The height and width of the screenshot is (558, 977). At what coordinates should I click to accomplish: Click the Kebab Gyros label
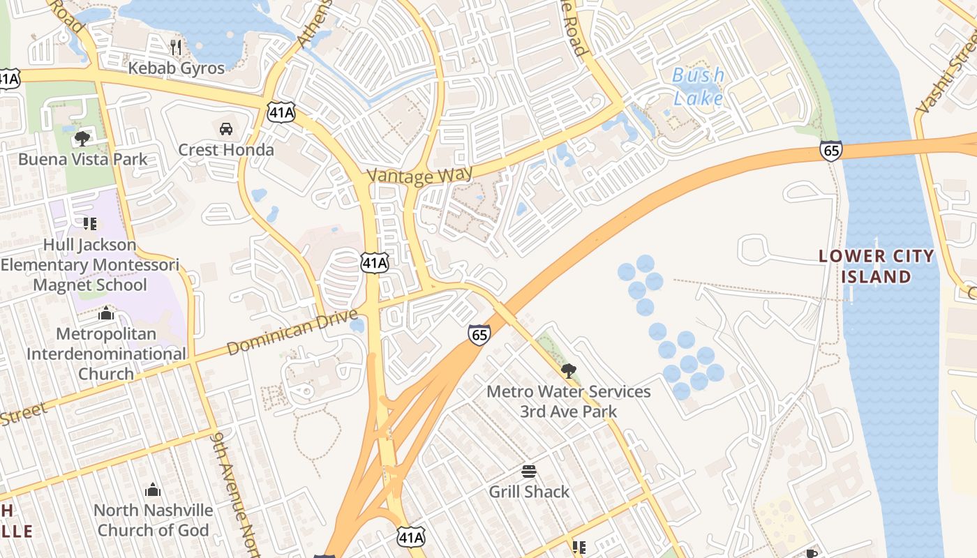(x=177, y=68)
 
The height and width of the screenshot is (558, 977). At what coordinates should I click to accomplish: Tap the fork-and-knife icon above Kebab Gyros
(x=176, y=47)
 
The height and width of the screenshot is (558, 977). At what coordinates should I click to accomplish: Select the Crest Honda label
(x=226, y=150)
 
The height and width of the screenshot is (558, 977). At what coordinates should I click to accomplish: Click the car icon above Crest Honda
(x=226, y=129)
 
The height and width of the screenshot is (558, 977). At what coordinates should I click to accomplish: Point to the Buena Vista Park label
(x=83, y=159)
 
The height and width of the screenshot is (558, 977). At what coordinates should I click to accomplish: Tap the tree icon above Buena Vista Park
(x=82, y=138)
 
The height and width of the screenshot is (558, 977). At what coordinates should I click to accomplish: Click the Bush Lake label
(x=698, y=86)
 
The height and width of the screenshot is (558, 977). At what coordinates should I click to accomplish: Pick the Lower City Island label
(x=877, y=266)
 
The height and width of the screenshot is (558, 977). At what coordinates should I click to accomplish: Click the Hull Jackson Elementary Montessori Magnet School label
(x=89, y=265)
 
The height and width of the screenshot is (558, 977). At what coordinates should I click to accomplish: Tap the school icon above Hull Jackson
(x=89, y=224)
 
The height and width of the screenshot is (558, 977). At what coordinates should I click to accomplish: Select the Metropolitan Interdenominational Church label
(x=106, y=354)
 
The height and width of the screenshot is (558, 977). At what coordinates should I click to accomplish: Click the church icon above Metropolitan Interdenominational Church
(x=106, y=314)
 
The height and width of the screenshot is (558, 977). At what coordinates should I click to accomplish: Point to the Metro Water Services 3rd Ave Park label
(x=569, y=401)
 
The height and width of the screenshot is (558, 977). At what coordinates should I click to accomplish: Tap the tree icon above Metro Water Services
(x=569, y=371)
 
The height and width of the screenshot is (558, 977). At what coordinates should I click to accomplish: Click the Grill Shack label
(x=529, y=492)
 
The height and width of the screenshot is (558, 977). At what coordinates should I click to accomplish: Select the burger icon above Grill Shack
(x=529, y=472)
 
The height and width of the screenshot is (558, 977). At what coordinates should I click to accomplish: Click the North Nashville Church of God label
(x=153, y=520)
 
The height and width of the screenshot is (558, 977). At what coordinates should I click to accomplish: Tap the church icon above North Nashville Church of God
(x=153, y=490)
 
